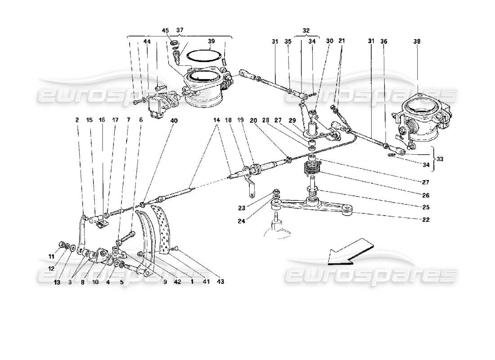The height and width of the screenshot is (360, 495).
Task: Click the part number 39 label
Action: tap(211, 41)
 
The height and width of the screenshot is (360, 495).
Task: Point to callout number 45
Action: tap(165, 31)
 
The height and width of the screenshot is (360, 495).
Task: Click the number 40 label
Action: tap(174, 120)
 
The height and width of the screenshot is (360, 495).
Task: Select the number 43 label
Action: tap(220, 282)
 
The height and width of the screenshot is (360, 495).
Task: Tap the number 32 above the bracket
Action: tap(306, 31)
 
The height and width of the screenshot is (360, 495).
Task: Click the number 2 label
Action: tap(77, 120)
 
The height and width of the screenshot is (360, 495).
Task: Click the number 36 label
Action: tap(383, 41)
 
